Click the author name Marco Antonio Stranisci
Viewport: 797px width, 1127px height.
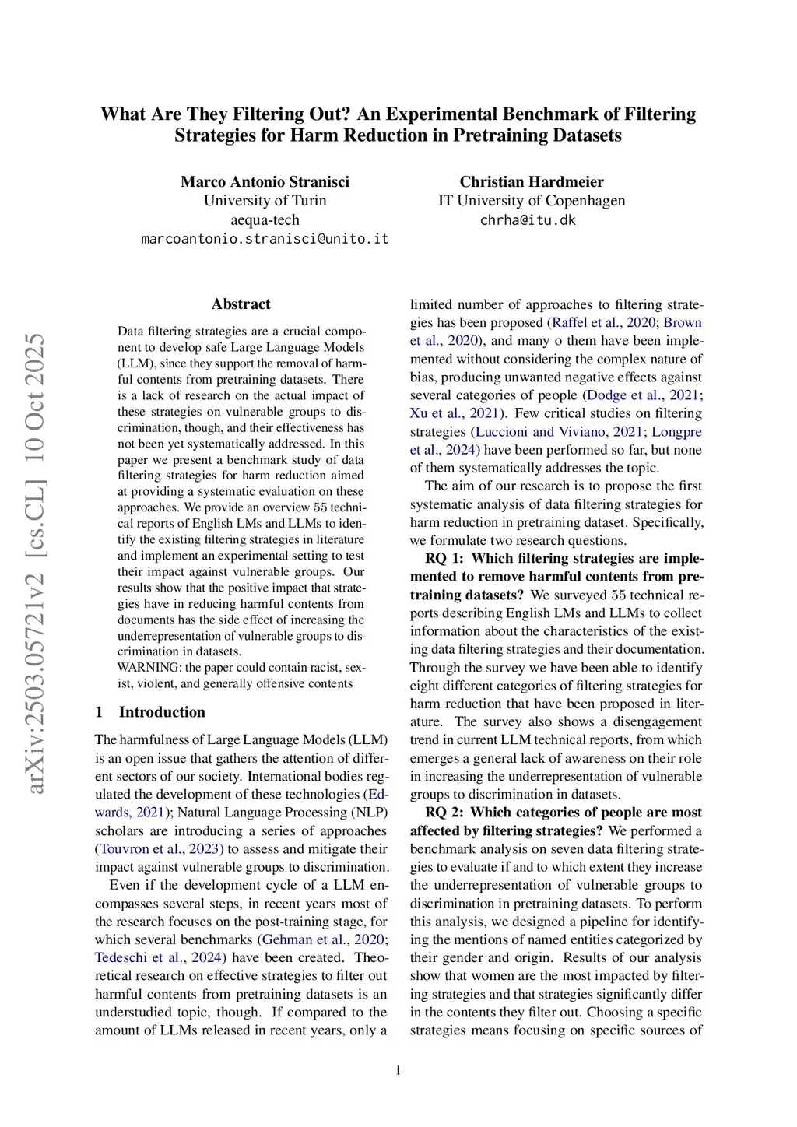click(x=265, y=181)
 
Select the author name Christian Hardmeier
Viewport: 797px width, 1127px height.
click(x=532, y=181)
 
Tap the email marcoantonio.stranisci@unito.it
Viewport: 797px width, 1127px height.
click(x=265, y=239)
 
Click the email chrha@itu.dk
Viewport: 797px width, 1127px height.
click(x=528, y=220)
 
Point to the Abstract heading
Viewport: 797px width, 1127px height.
click(x=241, y=304)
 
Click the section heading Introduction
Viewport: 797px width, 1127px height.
click(x=162, y=712)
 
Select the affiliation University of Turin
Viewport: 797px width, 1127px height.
click(x=265, y=201)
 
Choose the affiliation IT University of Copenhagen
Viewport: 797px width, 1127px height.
click(x=532, y=201)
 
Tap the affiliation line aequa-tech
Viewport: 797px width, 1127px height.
click(x=265, y=220)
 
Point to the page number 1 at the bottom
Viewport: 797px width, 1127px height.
click(x=398, y=1070)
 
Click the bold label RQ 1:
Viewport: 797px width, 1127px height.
click(x=444, y=559)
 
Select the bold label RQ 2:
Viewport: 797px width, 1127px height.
click(x=444, y=813)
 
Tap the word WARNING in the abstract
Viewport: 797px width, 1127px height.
click(x=149, y=668)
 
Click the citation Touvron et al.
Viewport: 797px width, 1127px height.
click(x=140, y=849)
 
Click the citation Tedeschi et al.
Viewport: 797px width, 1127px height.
click(x=139, y=958)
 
